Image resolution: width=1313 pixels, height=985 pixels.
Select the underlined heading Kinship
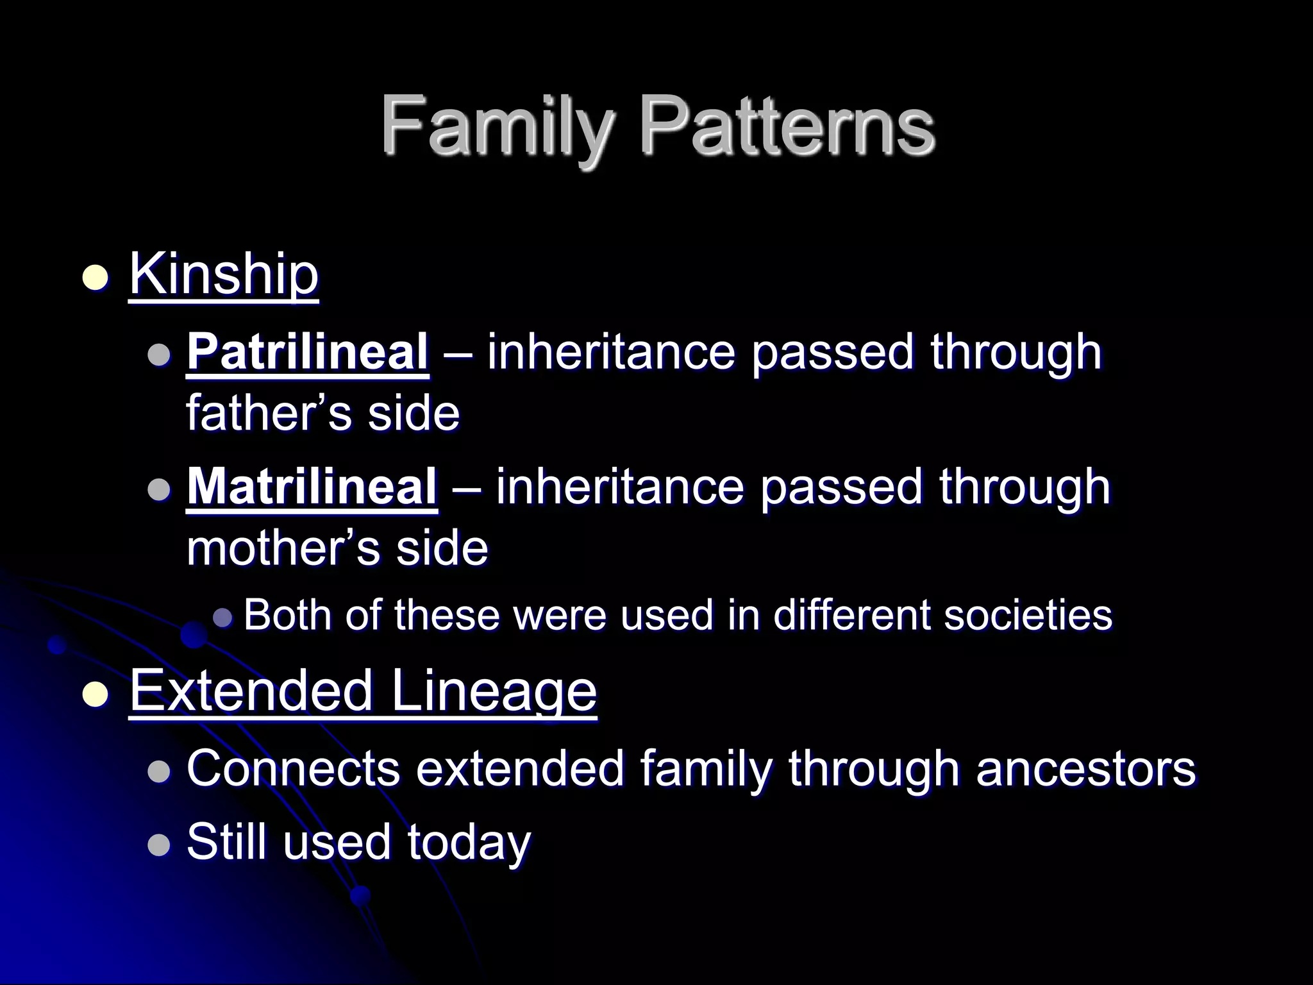click(224, 274)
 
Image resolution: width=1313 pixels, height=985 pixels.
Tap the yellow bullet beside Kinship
click(96, 278)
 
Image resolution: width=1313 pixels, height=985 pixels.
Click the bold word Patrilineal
click(308, 351)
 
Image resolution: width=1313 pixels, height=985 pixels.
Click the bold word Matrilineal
click(312, 486)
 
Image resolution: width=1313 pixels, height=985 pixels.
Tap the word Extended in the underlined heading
click(252, 691)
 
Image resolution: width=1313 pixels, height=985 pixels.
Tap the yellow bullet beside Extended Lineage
click(96, 695)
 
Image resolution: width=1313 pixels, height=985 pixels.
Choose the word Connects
click(293, 768)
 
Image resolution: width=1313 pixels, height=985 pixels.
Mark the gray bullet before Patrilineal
click(158, 354)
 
